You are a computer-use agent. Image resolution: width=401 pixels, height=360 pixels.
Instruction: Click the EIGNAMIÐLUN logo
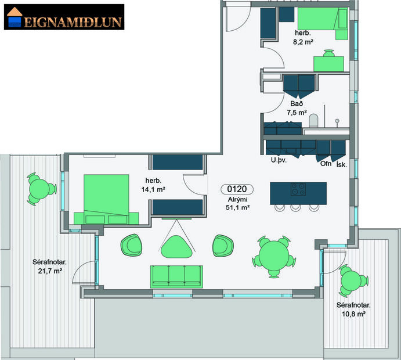pyautogui.click(x=64, y=17)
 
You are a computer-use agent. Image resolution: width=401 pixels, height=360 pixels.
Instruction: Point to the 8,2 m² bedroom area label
pyautogui.click(x=303, y=42)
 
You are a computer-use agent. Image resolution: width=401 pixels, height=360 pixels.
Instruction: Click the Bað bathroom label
pyautogui.click(x=297, y=103)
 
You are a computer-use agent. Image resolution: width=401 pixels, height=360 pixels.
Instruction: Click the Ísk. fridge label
pyautogui.click(x=343, y=164)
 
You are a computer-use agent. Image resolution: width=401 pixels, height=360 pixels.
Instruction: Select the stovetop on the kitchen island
pyautogui.click(x=299, y=189)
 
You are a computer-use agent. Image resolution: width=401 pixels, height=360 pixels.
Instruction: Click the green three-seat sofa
pyautogui.click(x=176, y=275)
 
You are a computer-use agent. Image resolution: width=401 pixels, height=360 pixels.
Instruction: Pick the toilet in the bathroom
pyautogui.click(x=314, y=120)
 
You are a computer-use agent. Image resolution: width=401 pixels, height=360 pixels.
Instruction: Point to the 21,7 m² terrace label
pyautogui.click(x=50, y=266)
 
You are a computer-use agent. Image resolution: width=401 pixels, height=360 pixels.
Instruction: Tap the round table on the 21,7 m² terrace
pyautogui.click(x=40, y=189)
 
